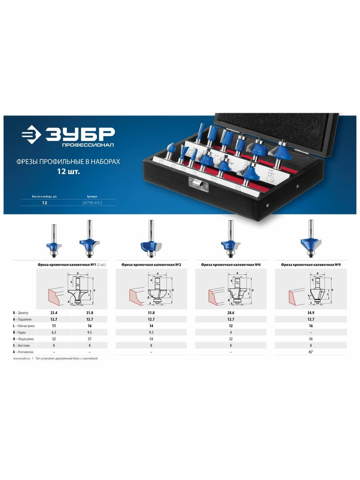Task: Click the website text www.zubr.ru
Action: [x=22, y=359]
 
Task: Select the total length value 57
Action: [x=90, y=338]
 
